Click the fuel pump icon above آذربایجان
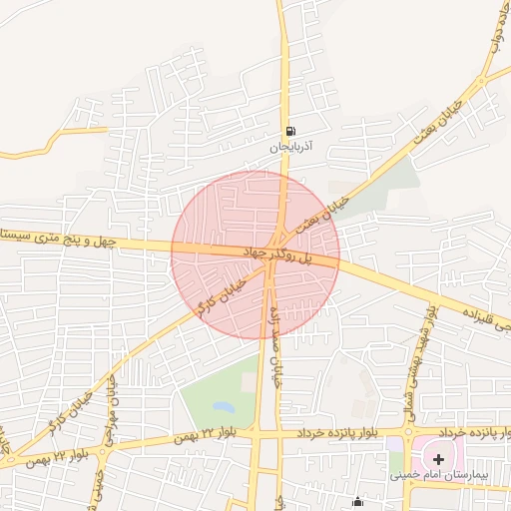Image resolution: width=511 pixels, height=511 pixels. pos(289,130)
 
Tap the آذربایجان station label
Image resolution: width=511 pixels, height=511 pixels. pos(289,146)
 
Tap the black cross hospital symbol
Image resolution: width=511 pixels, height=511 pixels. pos(438,458)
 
